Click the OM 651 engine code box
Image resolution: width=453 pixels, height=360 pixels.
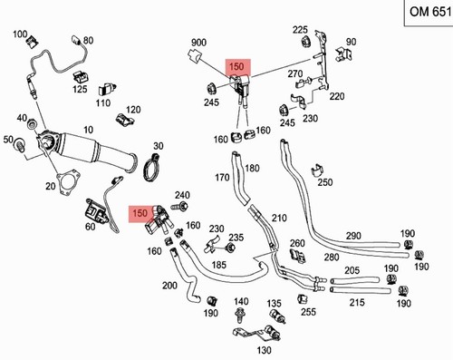click(x=429, y=13)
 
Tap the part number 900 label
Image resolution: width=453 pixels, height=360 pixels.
click(x=198, y=43)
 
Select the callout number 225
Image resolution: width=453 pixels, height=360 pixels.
click(x=300, y=30)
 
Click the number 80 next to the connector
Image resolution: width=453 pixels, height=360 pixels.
click(x=88, y=40)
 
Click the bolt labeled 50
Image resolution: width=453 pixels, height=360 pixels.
click(x=21, y=144)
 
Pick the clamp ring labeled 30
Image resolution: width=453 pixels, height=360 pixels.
click(x=150, y=167)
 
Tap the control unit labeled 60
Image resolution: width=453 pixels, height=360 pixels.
click(x=97, y=211)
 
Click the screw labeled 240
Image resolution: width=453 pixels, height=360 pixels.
click(x=179, y=207)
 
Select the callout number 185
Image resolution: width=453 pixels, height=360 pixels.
click(x=218, y=265)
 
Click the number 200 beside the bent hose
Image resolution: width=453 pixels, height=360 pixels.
click(x=169, y=285)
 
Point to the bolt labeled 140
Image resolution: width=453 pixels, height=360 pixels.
click(x=240, y=315)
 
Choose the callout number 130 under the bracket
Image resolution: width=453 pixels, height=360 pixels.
click(x=264, y=350)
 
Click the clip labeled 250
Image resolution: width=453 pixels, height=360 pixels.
click(x=317, y=170)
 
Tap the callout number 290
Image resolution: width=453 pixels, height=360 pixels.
click(x=353, y=236)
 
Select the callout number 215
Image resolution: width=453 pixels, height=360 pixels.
click(x=357, y=302)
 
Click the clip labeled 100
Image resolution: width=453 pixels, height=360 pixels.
click(x=32, y=42)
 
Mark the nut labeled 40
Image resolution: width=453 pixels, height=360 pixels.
click(x=32, y=123)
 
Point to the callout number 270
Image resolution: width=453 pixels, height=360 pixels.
click(x=295, y=73)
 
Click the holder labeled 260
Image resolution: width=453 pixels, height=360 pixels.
click(x=297, y=256)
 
